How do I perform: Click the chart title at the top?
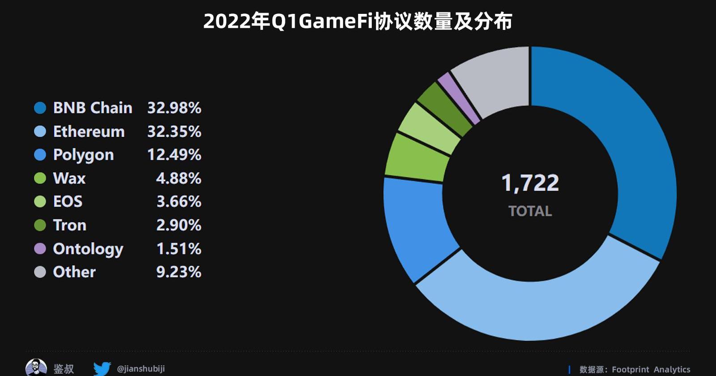tap(358, 21)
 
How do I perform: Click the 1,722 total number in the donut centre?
tap(530, 183)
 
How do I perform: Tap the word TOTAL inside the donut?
tap(530, 211)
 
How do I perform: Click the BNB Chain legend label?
tap(93, 108)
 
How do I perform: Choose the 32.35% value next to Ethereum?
tap(174, 132)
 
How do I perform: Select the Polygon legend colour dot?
tap(40, 155)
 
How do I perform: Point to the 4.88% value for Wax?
tap(179, 178)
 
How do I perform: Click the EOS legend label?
tap(68, 201)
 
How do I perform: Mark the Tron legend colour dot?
tap(40, 225)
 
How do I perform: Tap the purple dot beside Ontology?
tap(40, 248)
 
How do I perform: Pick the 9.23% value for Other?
tap(179, 272)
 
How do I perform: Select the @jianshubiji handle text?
tap(141, 369)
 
